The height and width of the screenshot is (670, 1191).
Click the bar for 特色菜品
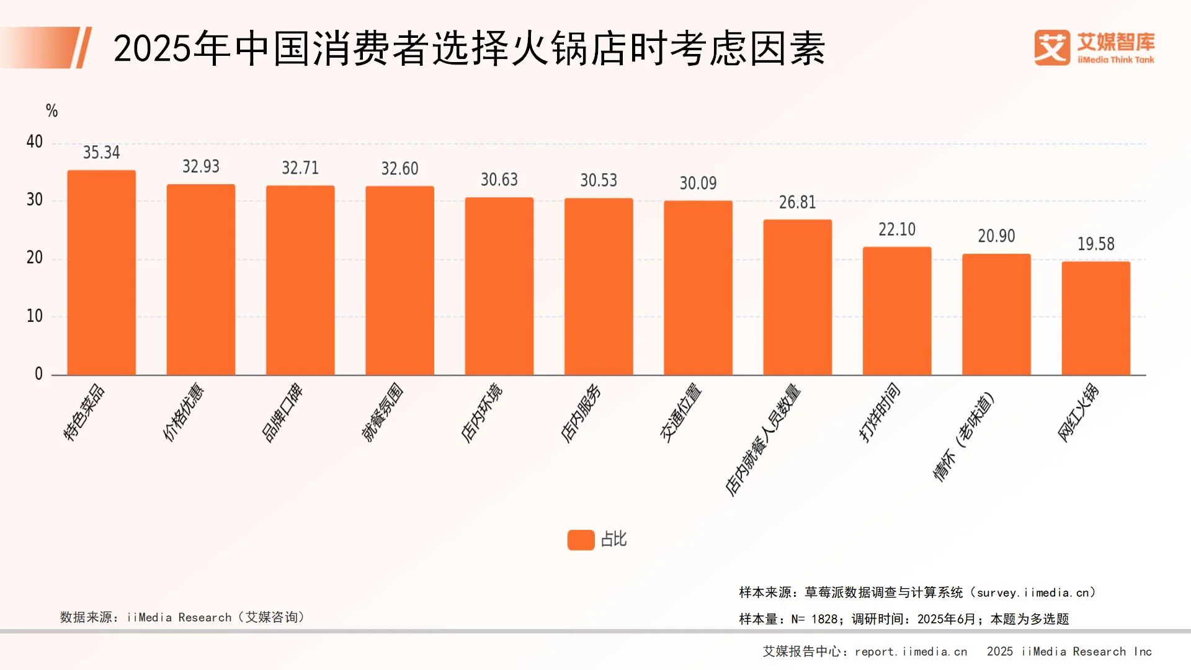pos(101,273)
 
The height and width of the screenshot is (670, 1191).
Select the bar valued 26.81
pos(797,298)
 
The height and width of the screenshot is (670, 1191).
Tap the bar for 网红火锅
pos(1095,318)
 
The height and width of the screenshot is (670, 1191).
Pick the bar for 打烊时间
pos(896,311)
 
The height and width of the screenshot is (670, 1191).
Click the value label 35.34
pos(101,153)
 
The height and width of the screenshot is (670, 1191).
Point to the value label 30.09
pos(698,183)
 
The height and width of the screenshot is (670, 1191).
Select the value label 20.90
pos(996,236)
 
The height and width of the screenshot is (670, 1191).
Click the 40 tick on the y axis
pos(35,142)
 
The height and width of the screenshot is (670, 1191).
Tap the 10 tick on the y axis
pos(35,316)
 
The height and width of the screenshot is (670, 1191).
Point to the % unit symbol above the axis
pos(51,111)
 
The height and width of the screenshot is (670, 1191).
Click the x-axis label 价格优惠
pos(183,412)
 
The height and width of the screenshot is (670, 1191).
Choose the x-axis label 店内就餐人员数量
pos(763,440)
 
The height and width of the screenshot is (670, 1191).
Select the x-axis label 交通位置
pos(680,413)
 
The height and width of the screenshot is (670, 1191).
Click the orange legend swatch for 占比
pos(581,540)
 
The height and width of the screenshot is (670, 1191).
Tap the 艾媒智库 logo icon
pos(1051,47)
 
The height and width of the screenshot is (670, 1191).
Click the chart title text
pos(469,48)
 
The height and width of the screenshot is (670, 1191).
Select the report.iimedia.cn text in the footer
pos(911,651)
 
